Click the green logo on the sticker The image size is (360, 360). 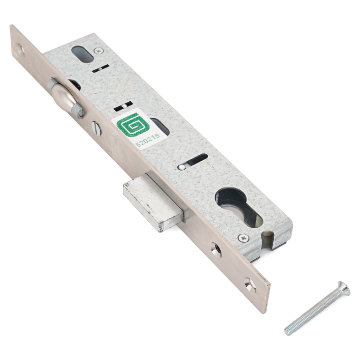pos(133,125)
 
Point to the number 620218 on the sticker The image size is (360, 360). pos(148,140)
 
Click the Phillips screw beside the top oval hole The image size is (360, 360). pos(99,51)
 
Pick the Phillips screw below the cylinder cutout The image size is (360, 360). pos(243,238)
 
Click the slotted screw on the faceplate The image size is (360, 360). pos(96,128)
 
